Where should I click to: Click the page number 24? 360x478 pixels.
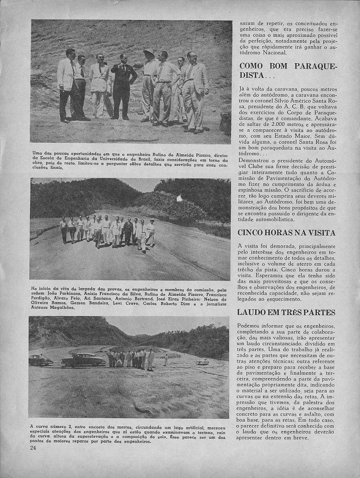[33, 447]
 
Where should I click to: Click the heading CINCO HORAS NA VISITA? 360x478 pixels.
[287, 232]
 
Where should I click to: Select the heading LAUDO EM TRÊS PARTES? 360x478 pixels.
[287, 312]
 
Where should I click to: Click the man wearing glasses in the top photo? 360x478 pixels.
[193, 89]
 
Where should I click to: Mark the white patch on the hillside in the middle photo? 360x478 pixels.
[179, 198]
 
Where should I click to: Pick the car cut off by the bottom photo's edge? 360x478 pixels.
[39, 360]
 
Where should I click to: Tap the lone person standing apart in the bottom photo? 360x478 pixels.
[166, 359]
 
